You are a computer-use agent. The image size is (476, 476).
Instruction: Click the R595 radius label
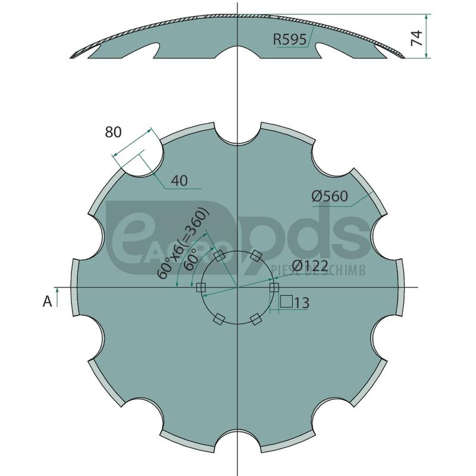pos(290,39)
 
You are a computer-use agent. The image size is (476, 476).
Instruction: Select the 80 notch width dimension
pos(113,132)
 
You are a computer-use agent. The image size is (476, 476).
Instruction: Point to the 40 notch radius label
pos(180,181)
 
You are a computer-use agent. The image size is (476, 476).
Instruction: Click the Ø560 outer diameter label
pos(330,196)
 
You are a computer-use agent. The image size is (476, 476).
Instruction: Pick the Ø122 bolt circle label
pos(311,266)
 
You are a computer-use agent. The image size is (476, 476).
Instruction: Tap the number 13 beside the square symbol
pos(302,303)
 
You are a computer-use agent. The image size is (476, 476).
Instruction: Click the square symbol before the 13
pos(286,302)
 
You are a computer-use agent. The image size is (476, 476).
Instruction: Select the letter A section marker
pos(48,302)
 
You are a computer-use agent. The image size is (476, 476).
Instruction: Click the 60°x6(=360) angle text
pos(183,243)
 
